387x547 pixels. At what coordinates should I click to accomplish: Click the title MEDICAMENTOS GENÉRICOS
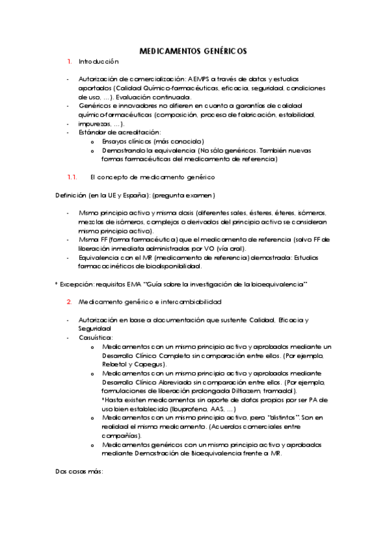click(193, 51)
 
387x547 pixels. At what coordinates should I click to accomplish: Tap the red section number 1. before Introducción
click(69, 61)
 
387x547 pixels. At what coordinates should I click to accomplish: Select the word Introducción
click(99, 61)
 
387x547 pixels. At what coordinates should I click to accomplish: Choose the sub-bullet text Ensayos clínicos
click(126, 141)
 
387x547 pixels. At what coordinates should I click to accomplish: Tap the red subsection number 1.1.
click(72, 176)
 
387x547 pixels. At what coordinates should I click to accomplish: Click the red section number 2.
click(69, 301)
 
